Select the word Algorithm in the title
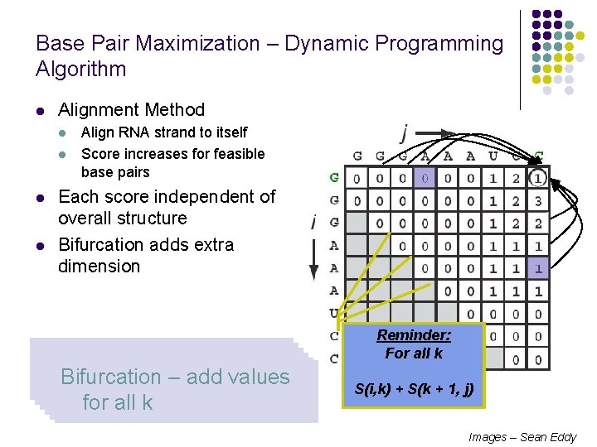tap(81, 70)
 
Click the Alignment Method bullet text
tap(131, 109)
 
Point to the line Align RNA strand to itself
tap(164, 132)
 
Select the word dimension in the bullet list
tap(99, 267)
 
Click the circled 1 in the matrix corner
tap(538, 178)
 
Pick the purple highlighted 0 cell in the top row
tap(424, 178)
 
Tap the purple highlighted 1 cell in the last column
tap(538, 268)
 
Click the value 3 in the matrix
tap(538, 200)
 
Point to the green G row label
tap(334, 177)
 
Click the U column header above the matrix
tap(493, 156)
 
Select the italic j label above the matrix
tap(405, 132)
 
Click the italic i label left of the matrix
tap(313, 221)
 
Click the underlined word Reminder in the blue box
tap(414, 335)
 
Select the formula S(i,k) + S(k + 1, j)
tap(414, 388)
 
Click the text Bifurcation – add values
tap(175, 377)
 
